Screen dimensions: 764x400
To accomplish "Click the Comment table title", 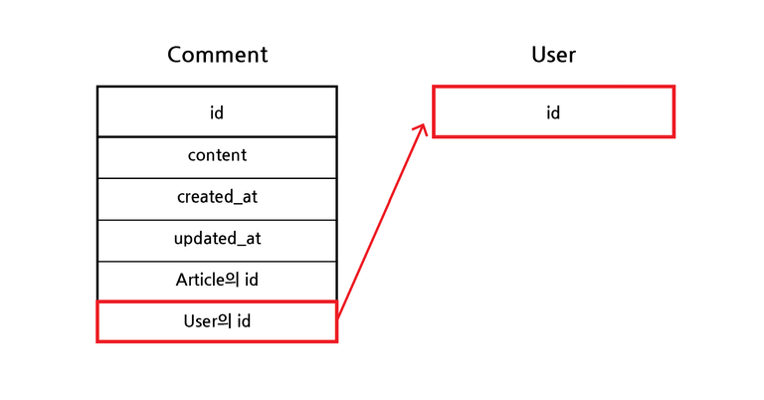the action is (217, 55).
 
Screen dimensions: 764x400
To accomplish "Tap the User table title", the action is (553, 55).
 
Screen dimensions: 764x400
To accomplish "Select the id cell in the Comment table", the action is (217, 111).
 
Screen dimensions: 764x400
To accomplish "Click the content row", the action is (217, 157).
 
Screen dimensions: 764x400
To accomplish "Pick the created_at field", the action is (217, 199).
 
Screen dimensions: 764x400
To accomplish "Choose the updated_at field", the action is (217, 241).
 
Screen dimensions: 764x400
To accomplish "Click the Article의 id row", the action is (217, 282).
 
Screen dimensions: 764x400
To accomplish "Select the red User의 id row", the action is (217, 321).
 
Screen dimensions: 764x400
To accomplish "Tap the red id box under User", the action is (553, 111).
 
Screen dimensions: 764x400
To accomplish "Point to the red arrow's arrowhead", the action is (422, 128).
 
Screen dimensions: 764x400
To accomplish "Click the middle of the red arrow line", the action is (382, 222).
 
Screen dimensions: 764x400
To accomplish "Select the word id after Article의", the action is (252, 280).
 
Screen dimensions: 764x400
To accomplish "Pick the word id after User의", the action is (244, 321).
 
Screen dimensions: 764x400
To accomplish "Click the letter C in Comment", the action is (174, 55).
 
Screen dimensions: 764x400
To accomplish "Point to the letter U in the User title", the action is (538, 55).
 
